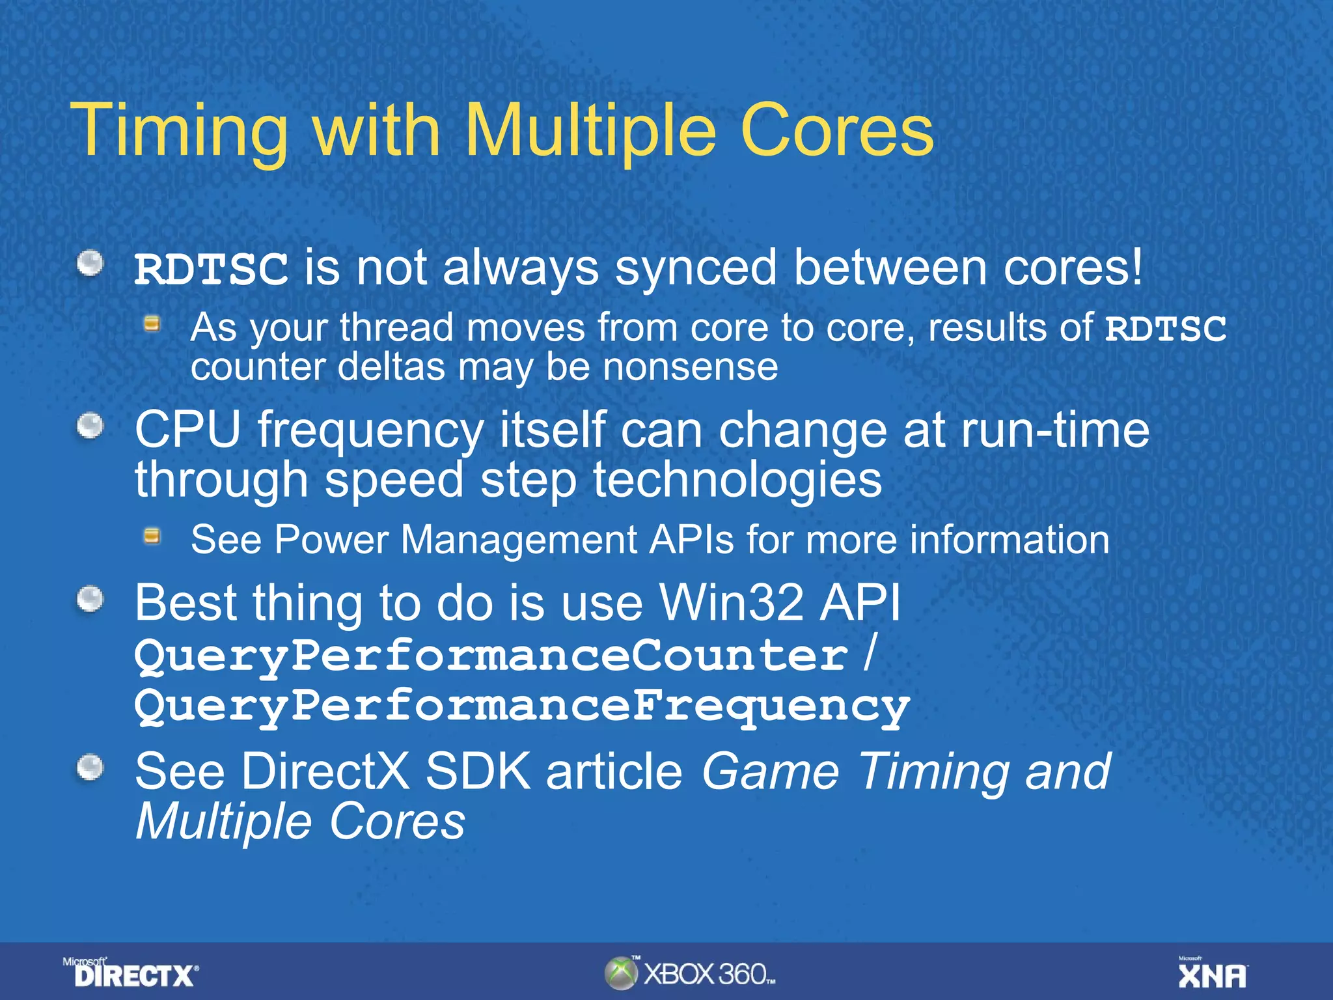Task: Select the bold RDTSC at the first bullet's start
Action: [211, 269]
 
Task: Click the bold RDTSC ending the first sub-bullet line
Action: [1165, 328]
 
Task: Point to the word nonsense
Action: [690, 367]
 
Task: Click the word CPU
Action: [187, 430]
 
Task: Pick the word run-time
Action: [1054, 430]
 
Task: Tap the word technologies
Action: [737, 480]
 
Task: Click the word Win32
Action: [732, 602]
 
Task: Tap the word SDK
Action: [478, 771]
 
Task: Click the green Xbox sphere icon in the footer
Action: [621, 973]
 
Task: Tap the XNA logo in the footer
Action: [1213, 974]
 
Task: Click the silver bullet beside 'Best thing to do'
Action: [90, 600]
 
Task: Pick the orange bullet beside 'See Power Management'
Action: [152, 536]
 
